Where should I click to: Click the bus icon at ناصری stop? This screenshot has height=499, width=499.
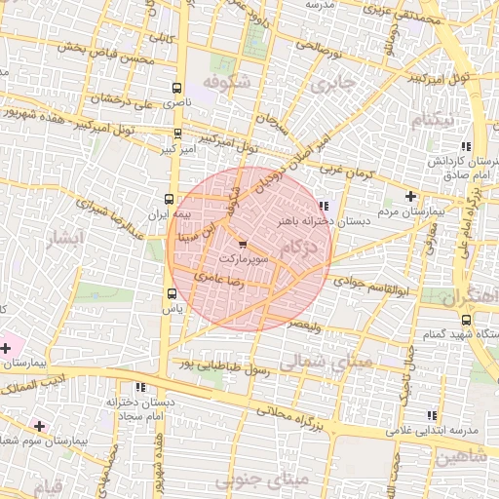point(176,87)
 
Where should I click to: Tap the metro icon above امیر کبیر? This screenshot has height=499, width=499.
point(176,134)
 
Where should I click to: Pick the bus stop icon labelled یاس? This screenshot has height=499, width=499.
point(172,293)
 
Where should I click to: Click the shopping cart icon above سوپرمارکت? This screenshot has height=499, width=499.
point(242,245)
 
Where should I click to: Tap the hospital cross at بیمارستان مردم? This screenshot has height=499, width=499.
point(410,196)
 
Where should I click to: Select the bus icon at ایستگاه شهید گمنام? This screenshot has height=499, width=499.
point(464,319)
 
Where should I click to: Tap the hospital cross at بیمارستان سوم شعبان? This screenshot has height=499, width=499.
point(39,426)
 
